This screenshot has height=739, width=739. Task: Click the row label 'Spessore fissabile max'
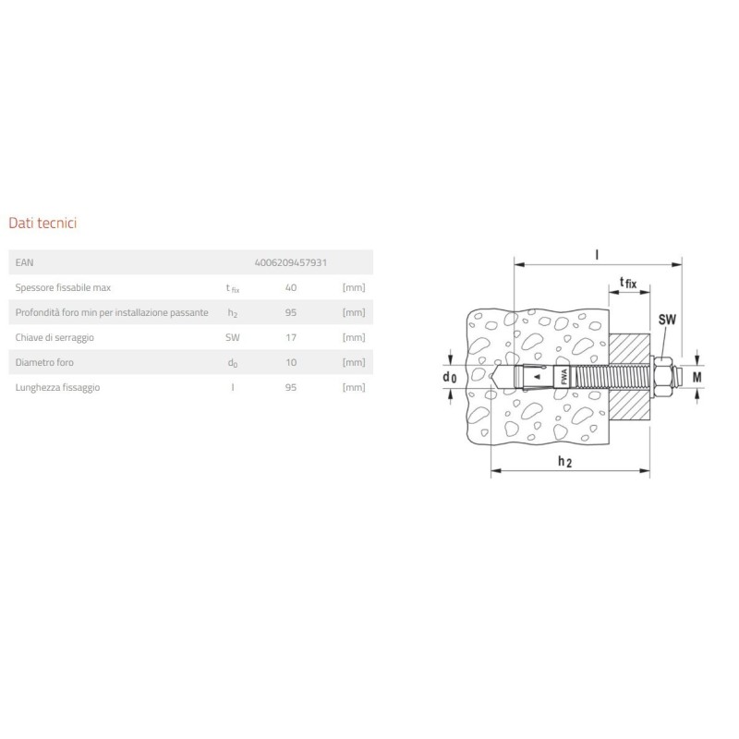coord(64,287)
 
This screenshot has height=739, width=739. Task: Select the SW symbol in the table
coord(232,338)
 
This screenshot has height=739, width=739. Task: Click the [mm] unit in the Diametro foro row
coord(354,363)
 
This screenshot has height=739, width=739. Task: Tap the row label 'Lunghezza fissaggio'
coord(58,388)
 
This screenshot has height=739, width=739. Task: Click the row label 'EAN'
coord(25,262)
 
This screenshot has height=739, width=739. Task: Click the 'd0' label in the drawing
coord(450,377)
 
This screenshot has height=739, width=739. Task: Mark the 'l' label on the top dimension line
coord(599,251)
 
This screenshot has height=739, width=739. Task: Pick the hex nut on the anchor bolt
coord(662,377)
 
